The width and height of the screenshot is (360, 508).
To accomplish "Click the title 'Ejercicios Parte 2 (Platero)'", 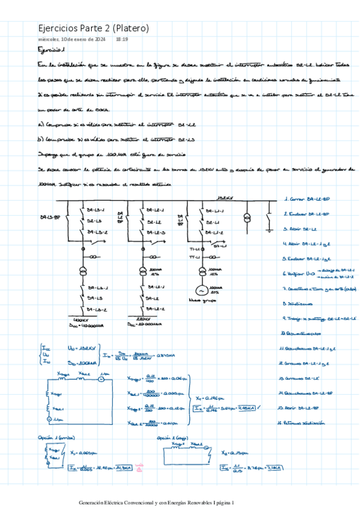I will click(x=93, y=28).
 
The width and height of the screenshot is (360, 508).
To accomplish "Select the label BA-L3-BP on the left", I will click(x=49, y=217).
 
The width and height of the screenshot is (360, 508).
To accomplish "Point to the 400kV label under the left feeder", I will click(x=80, y=320).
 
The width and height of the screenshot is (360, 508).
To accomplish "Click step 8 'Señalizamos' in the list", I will click(x=302, y=303).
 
